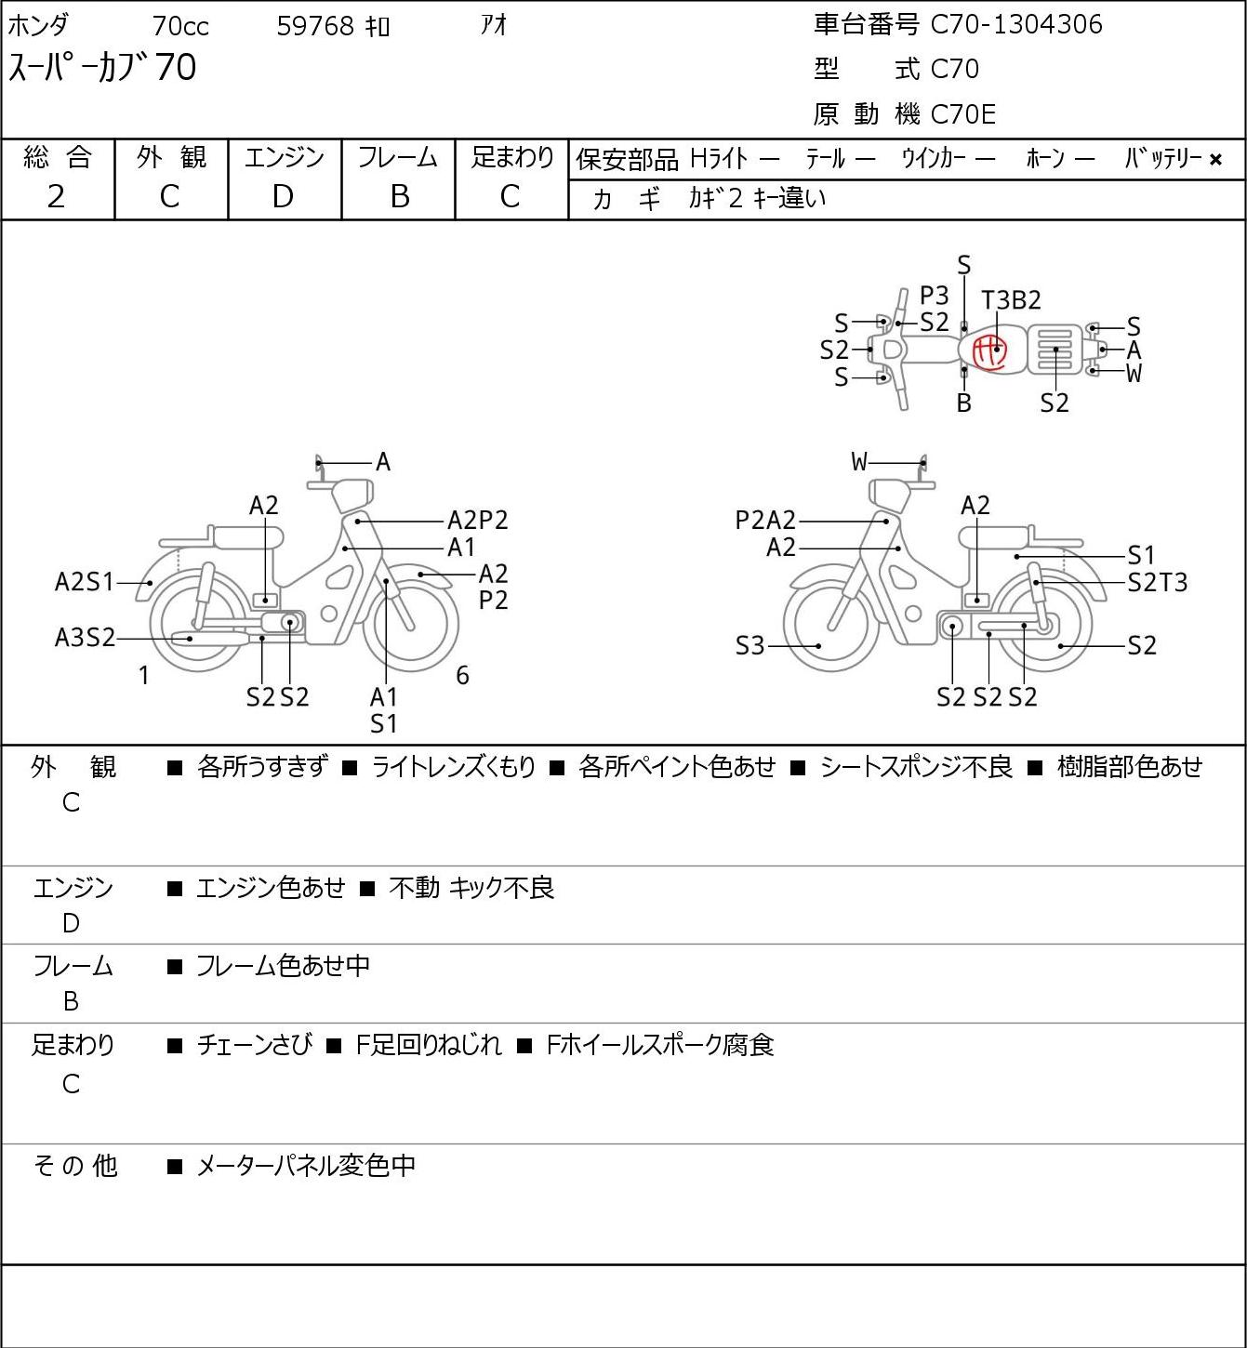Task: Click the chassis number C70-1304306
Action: click(1016, 24)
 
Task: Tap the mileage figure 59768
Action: click(315, 26)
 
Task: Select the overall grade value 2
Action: click(56, 197)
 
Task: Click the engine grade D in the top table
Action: click(283, 197)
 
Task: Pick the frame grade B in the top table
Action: click(400, 197)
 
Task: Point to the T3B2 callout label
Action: click(1012, 300)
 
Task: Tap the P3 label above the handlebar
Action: click(934, 296)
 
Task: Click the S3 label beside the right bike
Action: click(750, 645)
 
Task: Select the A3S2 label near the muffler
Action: click(85, 638)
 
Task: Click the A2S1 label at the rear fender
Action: click(85, 582)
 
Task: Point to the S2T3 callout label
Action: click(1158, 582)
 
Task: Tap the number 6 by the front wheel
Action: click(462, 675)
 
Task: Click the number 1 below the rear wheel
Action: click(143, 675)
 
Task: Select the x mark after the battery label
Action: click(1215, 160)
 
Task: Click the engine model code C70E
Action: click(963, 114)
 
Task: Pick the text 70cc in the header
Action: click(180, 26)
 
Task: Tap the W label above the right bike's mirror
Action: click(859, 462)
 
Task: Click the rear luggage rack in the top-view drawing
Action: click(1055, 350)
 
